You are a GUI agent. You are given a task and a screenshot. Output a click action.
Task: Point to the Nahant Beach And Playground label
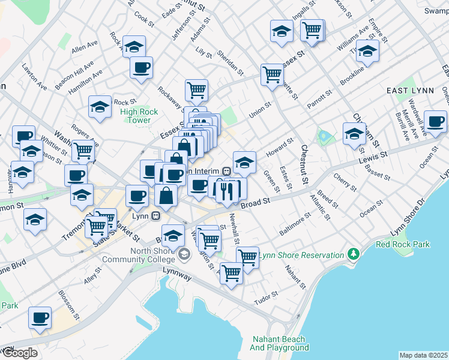(x=279, y=343)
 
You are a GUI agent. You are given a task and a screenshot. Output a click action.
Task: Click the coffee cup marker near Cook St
(x=141, y=68)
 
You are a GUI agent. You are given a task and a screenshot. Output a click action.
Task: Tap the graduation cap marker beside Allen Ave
(x=134, y=46)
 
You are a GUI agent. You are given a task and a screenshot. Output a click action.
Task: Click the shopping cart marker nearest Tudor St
(x=231, y=272)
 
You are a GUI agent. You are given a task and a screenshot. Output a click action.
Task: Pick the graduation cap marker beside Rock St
(x=100, y=107)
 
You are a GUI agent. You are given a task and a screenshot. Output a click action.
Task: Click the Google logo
(x=20, y=353)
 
